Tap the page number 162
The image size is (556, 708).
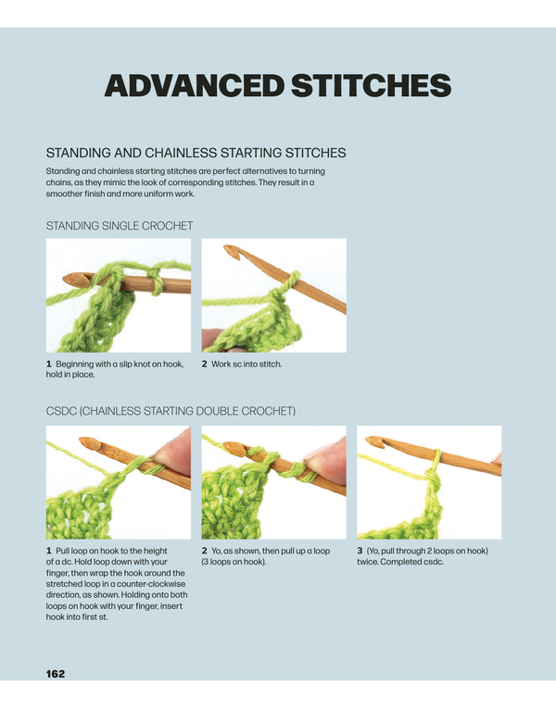tap(56, 673)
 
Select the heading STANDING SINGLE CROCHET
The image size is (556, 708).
tap(120, 225)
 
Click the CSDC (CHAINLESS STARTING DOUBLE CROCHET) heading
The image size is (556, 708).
tap(171, 410)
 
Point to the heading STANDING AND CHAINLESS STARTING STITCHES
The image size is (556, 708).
tap(196, 153)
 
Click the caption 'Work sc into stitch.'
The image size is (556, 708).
tap(246, 364)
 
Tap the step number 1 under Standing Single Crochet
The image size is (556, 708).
tap(49, 364)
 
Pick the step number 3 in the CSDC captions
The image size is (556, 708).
tap(360, 551)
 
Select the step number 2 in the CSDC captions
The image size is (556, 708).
tap(205, 551)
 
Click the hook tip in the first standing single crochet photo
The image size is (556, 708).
tap(68, 277)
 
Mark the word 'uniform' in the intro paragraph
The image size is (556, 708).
tap(154, 194)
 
